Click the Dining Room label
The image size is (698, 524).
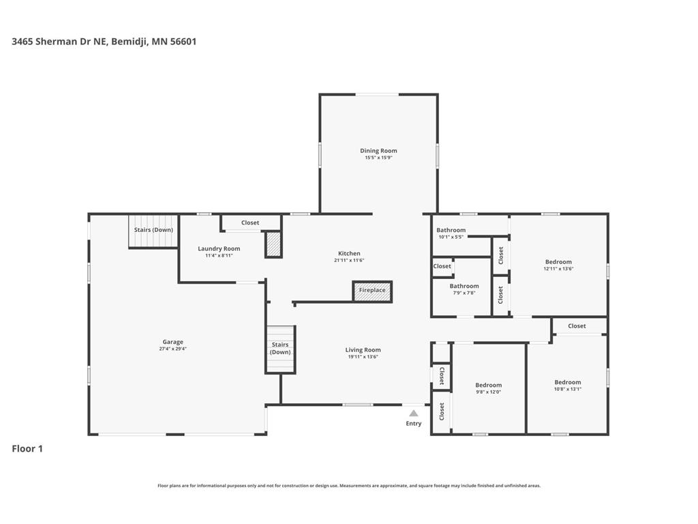(x=378, y=151)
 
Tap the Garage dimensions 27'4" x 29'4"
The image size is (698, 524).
(x=172, y=349)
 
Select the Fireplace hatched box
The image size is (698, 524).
(x=372, y=291)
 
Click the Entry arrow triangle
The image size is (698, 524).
(x=414, y=413)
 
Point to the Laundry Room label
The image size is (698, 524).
(x=219, y=248)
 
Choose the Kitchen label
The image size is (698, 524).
(x=349, y=253)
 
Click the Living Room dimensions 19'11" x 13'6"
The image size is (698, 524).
(x=363, y=356)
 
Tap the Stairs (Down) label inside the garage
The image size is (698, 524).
(x=153, y=230)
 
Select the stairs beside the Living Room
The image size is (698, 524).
(x=280, y=350)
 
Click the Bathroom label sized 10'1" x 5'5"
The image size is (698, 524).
(x=451, y=230)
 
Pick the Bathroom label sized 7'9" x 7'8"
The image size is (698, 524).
(x=464, y=286)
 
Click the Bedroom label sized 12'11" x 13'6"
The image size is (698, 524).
(x=558, y=262)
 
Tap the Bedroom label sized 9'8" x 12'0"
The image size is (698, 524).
(x=488, y=385)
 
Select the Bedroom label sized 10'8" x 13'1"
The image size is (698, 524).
(x=568, y=382)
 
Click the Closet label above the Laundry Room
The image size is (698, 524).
(x=250, y=223)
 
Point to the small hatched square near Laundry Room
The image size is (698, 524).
(x=273, y=244)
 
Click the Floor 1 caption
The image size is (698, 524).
(x=27, y=449)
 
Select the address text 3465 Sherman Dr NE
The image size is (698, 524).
(x=59, y=42)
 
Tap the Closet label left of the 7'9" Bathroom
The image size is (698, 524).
(x=442, y=266)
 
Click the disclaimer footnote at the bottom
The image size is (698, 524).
(x=349, y=486)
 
